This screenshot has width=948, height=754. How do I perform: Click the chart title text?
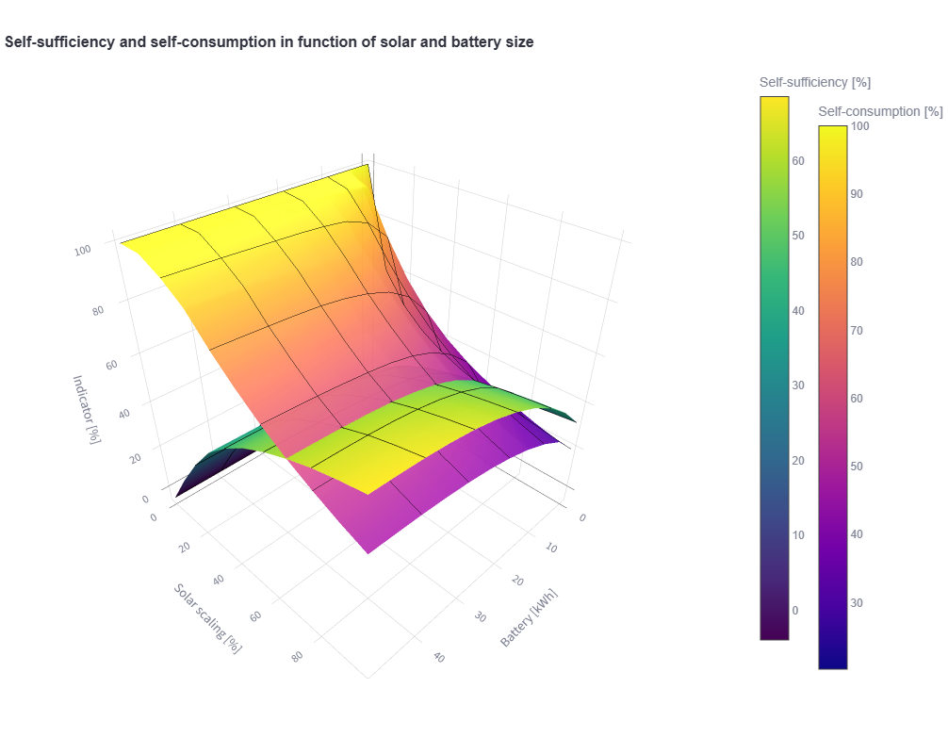270,41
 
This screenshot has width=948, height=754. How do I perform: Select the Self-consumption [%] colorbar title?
880,111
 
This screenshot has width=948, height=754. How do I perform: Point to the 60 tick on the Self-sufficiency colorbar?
798,160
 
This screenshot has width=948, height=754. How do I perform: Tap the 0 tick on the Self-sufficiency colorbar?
795,610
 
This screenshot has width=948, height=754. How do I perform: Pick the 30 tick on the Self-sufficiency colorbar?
798,385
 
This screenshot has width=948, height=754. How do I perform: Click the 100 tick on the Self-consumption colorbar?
859,125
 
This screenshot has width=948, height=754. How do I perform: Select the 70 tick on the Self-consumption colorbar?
857,330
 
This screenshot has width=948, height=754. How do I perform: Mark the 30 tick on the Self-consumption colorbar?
857,602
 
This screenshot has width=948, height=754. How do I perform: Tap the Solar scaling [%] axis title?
207,617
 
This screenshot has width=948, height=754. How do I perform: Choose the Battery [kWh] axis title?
529,618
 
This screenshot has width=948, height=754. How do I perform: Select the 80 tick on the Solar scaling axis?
297,656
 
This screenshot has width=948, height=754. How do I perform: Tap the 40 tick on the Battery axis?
438,657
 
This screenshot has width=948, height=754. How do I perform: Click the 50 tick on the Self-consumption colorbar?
857,466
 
